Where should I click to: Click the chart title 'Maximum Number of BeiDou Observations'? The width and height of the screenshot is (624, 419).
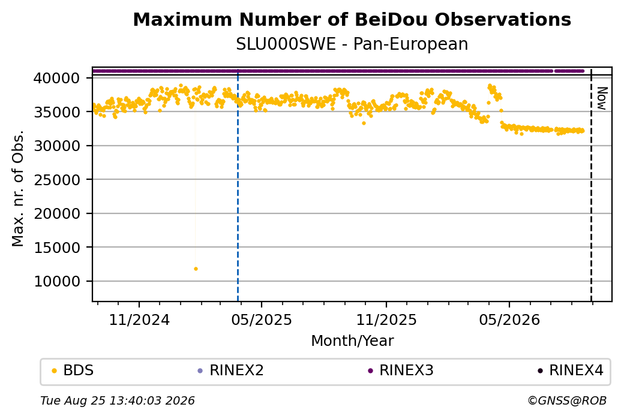tap(352, 19)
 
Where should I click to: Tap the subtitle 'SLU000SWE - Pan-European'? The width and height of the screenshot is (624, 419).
tap(352, 44)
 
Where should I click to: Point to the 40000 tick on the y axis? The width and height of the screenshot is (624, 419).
tap(56, 78)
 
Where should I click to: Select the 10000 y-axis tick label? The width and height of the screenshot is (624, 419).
tap(56, 282)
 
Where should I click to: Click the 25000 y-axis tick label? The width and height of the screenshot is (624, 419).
tap(56, 180)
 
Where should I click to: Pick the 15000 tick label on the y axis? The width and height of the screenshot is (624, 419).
tap(56, 248)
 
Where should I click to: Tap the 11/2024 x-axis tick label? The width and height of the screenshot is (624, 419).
tap(139, 319)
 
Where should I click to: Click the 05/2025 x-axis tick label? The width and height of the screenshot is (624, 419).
tap(262, 319)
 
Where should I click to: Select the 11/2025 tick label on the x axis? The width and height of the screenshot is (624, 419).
tap(386, 319)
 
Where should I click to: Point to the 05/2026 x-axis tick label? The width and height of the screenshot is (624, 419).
tap(509, 319)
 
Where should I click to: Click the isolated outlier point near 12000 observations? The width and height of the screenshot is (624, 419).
tap(196, 269)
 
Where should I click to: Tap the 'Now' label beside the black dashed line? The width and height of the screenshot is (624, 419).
tap(602, 98)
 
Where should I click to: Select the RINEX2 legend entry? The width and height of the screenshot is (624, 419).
tap(231, 370)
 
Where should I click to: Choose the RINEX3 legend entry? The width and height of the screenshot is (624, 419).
tap(401, 370)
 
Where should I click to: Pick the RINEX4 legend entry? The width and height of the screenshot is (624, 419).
tap(571, 370)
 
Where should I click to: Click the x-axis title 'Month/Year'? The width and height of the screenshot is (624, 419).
tap(352, 341)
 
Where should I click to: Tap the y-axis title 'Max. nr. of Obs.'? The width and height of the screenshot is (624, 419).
tap(18, 188)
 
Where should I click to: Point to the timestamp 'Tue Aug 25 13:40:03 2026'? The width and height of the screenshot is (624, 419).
tap(118, 400)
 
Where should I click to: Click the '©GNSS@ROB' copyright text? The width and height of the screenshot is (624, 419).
tap(567, 400)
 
